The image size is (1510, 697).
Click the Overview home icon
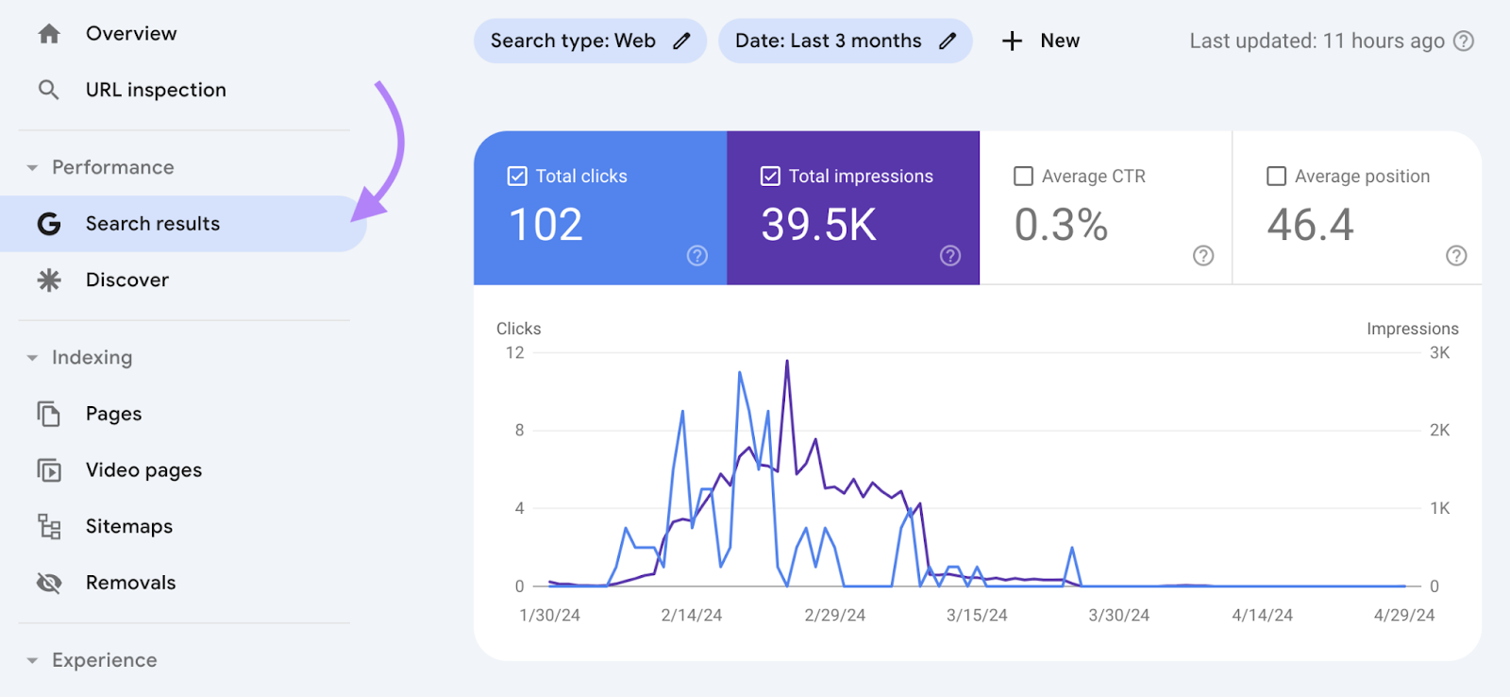tap(49, 34)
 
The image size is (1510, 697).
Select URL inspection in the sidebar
tap(156, 90)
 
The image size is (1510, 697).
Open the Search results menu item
tap(153, 224)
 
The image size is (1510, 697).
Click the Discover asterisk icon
tap(49, 280)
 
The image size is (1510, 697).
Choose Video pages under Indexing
tap(143, 470)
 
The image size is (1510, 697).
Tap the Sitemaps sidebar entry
tap(129, 526)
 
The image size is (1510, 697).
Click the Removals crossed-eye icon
tap(49, 583)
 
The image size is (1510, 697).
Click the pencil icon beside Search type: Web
tap(681, 41)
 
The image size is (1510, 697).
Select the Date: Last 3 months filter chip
tap(828, 41)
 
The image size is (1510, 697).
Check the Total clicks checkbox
tap(517, 177)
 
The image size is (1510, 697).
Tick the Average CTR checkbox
tap(1023, 177)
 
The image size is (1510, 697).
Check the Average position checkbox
tap(1276, 177)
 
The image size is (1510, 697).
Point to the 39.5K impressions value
tap(818, 226)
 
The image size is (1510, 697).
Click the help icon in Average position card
tap(1456, 256)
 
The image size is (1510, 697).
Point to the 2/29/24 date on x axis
tap(834, 616)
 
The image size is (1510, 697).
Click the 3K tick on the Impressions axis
tap(1439, 353)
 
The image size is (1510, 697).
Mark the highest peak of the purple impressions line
tap(787, 362)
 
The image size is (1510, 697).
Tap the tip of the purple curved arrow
tap(355, 218)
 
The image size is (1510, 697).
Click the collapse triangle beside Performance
tap(32, 168)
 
